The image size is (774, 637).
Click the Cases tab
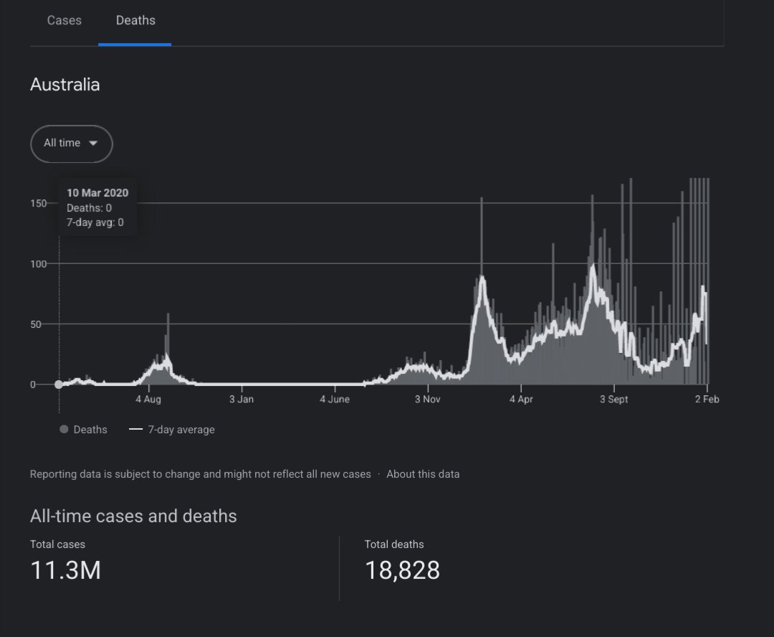click(64, 21)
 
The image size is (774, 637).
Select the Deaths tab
click(135, 21)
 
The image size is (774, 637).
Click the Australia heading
click(64, 85)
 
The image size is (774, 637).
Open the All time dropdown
click(71, 143)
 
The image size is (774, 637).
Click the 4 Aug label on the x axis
click(148, 400)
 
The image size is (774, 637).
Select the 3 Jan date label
click(241, 400)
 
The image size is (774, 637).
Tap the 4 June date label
click(335, 400)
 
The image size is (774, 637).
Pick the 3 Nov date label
click(427, 400)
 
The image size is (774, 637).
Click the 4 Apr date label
click(521, 400)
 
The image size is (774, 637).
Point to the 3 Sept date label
click(613, 400)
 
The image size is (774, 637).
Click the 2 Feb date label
click(707, 400)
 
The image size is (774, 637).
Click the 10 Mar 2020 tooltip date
click(97, 193)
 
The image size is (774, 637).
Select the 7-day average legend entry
click(181, 430)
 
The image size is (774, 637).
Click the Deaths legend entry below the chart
click(90, 430)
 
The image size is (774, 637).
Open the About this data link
click(423, 474)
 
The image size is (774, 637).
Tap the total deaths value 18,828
click(402, 570)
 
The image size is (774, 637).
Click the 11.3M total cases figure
click(65, 570)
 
